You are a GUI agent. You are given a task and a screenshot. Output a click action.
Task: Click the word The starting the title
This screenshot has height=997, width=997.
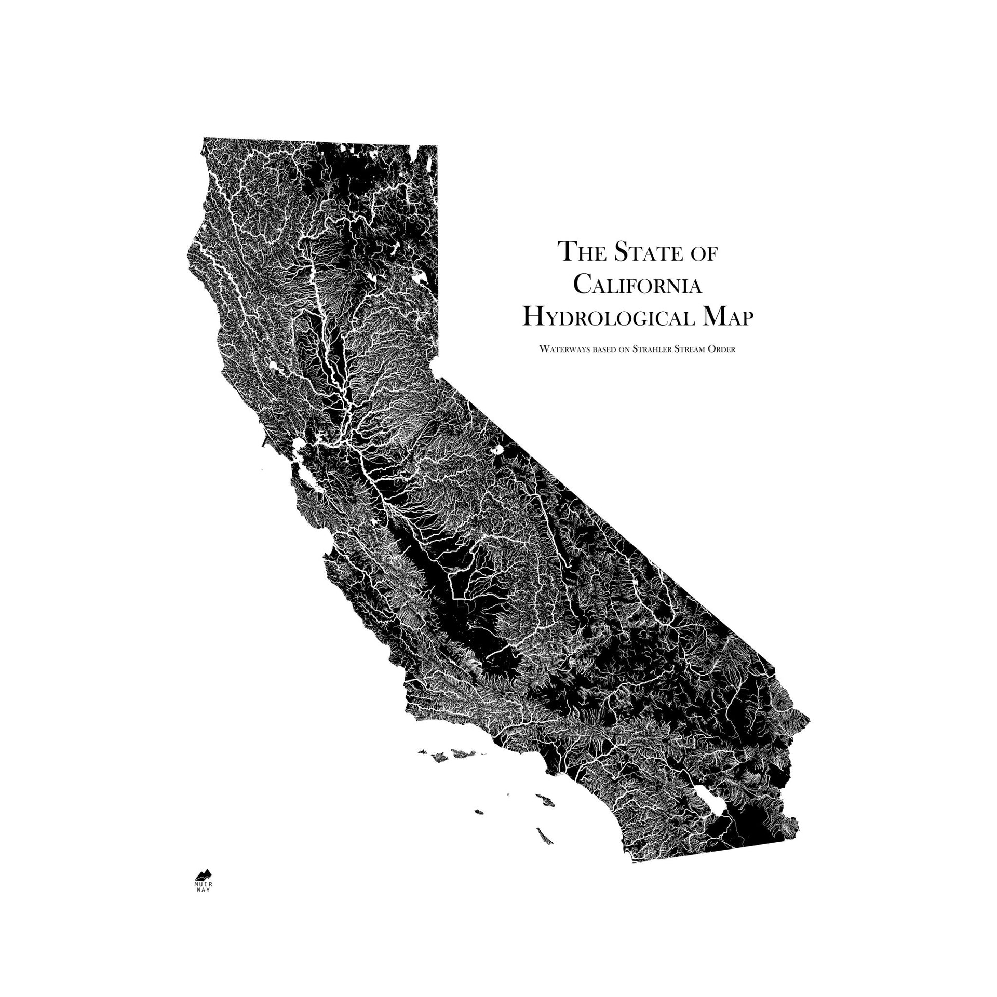577,252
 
